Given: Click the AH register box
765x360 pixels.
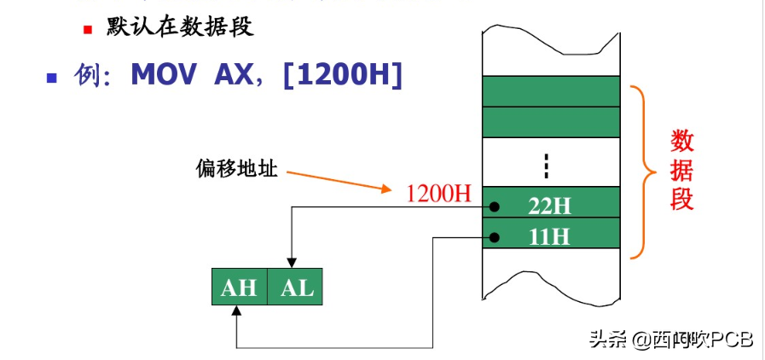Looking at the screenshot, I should point(239,287).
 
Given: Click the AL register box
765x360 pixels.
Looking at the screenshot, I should point(296,287).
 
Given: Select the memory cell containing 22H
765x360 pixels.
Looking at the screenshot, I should point(551,206).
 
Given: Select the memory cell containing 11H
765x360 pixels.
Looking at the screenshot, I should point(551,235).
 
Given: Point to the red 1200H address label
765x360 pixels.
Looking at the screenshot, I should point(438,193).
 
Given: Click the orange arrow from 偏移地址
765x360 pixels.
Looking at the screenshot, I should point(341,182).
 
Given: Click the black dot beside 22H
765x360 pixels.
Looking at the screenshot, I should point(494,206).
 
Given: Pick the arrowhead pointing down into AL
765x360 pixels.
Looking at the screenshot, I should point(292,263).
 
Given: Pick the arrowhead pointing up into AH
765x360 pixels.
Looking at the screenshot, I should point(236,311).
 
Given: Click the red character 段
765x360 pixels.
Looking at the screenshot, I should point(681,199).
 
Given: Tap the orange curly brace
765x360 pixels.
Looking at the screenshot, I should point(646,171).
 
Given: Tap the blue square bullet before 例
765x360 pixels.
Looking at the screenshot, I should point(51,77).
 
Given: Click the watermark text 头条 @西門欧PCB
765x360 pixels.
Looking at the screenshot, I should point(670,339).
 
